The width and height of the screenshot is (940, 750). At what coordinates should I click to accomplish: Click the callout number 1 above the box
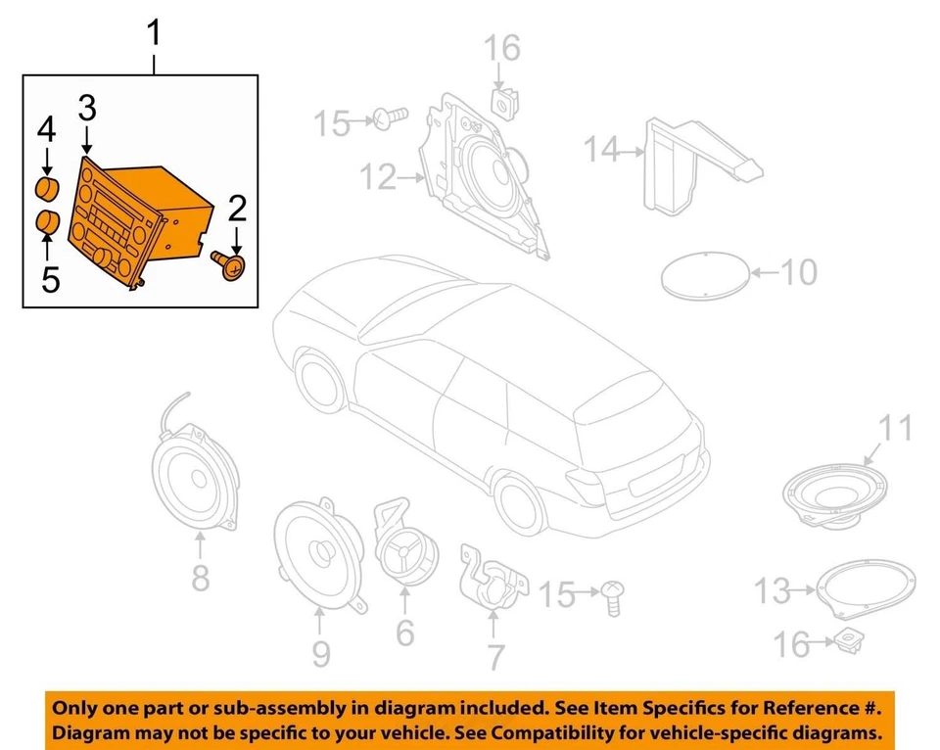point(154,36)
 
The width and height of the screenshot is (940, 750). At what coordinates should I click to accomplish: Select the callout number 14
point(602,150)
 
